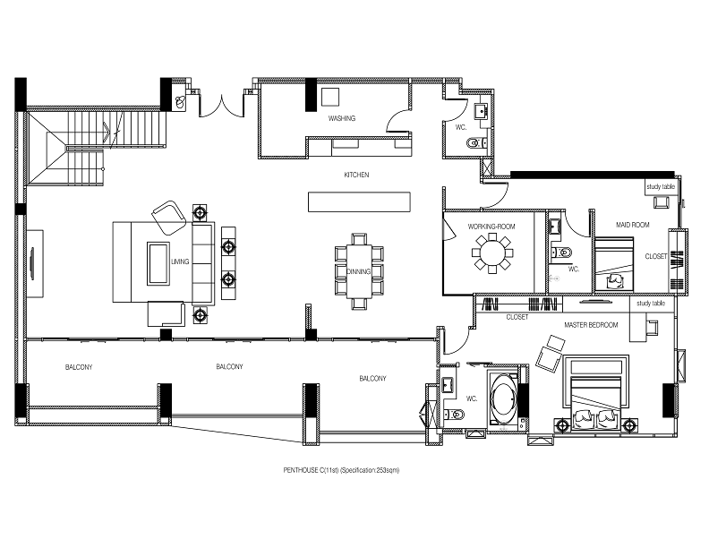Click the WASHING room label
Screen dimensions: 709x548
pos(341,118)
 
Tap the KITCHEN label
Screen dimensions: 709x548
pos(356,175)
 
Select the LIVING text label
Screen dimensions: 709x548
pos(180,261)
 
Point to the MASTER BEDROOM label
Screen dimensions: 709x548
pos(591,325)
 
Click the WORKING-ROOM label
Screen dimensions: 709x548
pos(491,227)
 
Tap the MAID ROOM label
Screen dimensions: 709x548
pos(632,225)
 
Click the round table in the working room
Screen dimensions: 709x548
pos(491,253)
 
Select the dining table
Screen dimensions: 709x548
pos(359,271)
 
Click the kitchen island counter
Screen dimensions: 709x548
pos(359,201)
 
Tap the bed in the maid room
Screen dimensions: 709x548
pos(613,264)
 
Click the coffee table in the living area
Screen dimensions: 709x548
pos(158,263)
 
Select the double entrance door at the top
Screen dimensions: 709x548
pos(221,107)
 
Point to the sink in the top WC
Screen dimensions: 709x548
pos(480,110)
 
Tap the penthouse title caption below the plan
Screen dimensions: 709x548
pos(341,470)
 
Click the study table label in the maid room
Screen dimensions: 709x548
pos(661,187)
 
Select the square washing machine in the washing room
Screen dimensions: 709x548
pos(330,97)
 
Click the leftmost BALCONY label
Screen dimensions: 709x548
pos(79,367)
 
